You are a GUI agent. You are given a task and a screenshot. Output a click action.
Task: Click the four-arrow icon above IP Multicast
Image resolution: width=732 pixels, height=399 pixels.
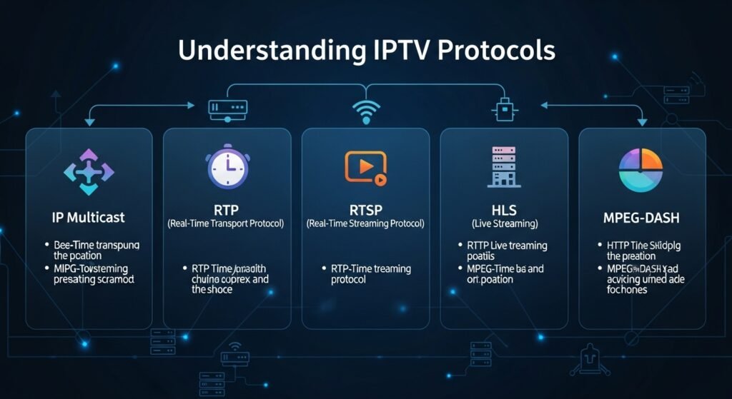click(89, 171)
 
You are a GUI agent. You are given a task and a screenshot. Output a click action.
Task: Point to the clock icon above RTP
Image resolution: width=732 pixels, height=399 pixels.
click(227, 168)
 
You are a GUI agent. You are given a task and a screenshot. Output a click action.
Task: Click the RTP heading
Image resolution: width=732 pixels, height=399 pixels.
click(227, 210)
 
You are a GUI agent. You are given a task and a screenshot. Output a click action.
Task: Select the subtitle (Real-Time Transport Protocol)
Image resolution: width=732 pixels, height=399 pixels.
click(227, 224)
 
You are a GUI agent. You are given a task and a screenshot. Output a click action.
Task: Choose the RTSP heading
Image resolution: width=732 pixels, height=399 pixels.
click(365, 210)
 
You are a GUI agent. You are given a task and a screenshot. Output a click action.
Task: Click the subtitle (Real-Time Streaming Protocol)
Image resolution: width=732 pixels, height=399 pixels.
click(365, 224)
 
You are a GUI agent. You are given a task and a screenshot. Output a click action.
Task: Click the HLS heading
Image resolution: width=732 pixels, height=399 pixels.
click(504, 210)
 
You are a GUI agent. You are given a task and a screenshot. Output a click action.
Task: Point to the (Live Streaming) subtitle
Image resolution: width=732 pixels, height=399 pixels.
click(504, 224)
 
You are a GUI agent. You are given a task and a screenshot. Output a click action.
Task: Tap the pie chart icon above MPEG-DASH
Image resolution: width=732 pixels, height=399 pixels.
click(642, 170)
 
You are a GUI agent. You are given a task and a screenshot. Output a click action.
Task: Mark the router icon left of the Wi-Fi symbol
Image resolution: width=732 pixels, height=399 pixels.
click(227, 108)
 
